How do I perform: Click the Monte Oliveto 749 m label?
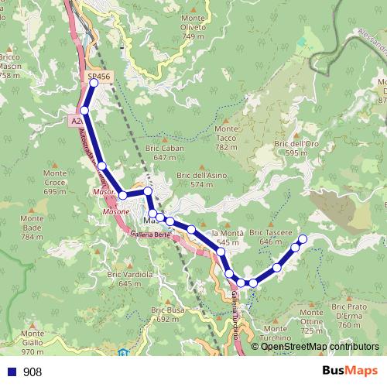[193, 27]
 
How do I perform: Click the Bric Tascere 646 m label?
[271, 237]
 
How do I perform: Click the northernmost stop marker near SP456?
[94, 82]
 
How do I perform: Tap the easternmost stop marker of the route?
[303, 238]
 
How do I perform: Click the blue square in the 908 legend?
[11, 372]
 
